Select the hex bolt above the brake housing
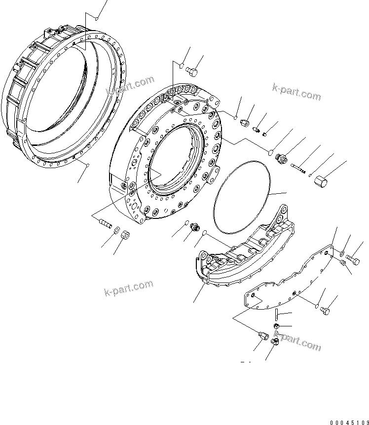pyautogui.click(x=193, y=73)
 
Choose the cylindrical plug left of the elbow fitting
pyautogui.click(x=263, y=336)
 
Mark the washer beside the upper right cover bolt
pyautogui.click(x=341, y=253)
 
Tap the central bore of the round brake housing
pyautogui.click(x=175, y=163)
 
